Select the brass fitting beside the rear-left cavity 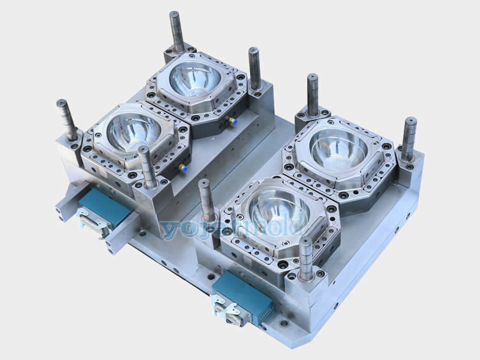coord(230,120)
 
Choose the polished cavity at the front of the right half coord(278,209)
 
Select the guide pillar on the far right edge coord(410,138)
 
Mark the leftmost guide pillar coord(67,119)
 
